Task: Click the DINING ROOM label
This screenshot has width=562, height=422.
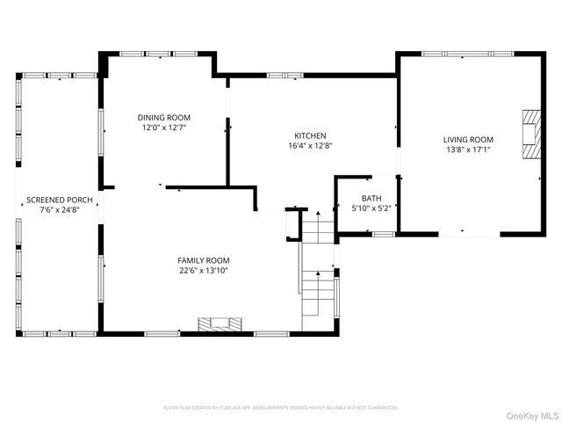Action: (x=163, y=117)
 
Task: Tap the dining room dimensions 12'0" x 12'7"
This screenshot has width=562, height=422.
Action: (x=163, y=127)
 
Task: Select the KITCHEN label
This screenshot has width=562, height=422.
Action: (x=310, y=135)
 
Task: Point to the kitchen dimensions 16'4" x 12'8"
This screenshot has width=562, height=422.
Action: (x=310, y=146)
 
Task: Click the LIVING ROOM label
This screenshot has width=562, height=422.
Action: (x=468, y=139)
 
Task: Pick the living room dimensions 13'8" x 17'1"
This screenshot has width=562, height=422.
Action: (x=468, y=149)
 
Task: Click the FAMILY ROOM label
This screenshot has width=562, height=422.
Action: (x=203, y=260)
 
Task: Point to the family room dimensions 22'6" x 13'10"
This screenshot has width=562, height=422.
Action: (x=203, y=271)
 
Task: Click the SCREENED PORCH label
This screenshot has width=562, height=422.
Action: (x=59, y=200)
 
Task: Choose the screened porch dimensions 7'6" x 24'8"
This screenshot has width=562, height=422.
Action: (x=59, y=210)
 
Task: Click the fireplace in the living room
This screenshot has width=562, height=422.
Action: (x=530, y=135)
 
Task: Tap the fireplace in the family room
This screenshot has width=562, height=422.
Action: (x=213, y=324)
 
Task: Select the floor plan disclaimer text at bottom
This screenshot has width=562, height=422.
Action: (x=281, y=408)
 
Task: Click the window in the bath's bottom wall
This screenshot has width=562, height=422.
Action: (x=383, y=234)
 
